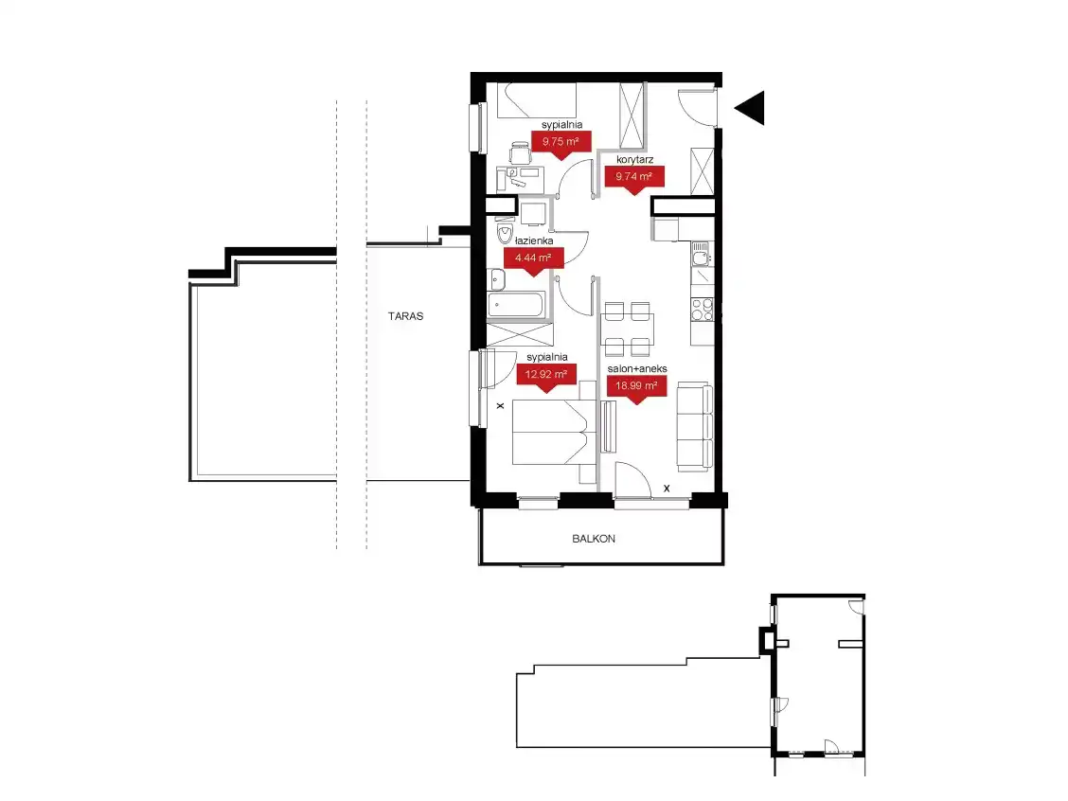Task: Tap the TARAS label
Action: [x=405, y=316]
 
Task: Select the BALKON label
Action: [x=594, y=538]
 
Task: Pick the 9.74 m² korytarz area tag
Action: [x=634, y=179]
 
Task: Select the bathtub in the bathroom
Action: [x=516, y=305]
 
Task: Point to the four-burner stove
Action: [x=703, y=310]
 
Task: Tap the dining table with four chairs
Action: [x=628, y=329]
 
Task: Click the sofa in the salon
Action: [x=694, y=426]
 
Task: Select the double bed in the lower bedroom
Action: [x=552, y=432]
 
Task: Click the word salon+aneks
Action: [x=637, y=368]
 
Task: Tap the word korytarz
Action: [x=634, y=159]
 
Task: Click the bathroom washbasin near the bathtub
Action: [x=496, y=279]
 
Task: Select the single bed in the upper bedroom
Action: [x=537, y=100]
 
